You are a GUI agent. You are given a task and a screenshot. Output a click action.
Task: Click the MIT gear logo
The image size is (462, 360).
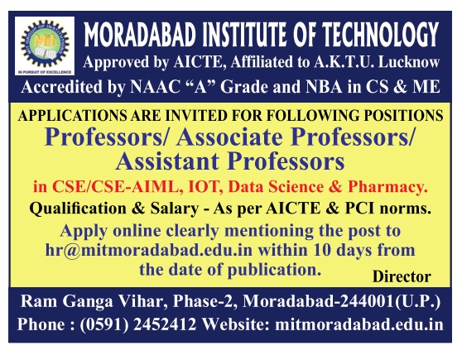(x=45, y=45)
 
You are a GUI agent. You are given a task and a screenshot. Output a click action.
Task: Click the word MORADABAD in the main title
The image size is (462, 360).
(x=140, y=35)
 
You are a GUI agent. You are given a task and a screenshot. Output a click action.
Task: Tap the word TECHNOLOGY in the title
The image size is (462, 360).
(x=381, y=35)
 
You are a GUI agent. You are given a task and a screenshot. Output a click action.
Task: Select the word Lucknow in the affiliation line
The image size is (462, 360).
(x=409, y=62)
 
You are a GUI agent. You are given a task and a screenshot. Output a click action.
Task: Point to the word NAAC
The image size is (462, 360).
(x=155, y=87)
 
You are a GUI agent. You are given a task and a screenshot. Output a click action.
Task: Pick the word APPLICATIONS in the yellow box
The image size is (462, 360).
(x=72, y=116)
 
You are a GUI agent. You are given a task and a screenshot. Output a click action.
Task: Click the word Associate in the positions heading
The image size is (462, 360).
(x=229, y=137)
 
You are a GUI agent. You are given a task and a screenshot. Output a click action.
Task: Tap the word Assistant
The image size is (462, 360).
(x=167, y=161)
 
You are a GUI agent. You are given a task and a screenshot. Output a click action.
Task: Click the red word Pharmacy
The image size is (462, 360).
(x=387, y=187)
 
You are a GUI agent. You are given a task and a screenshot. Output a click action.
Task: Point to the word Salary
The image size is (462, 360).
(x=175, y=209)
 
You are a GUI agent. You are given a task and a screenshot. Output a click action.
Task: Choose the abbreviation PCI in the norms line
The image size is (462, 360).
(x=359, y=209)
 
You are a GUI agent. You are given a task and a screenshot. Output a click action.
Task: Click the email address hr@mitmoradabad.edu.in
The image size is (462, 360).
(x=149, y=251)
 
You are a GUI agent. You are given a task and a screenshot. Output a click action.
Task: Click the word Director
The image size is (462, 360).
(x=402, y=276)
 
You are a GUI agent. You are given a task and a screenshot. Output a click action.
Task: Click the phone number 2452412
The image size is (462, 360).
(x=165, y=324)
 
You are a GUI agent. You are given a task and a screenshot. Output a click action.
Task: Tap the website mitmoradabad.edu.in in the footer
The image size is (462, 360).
(x=359, y=324)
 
